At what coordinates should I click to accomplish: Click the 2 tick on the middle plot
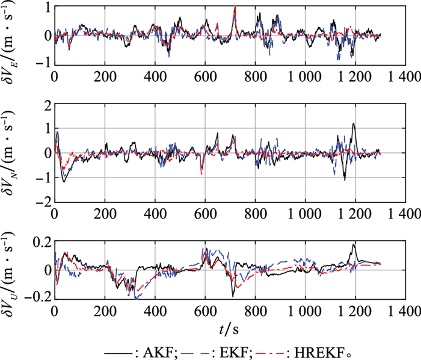pyautogui.click(x=46, y=107)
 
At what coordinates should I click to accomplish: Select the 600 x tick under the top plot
pyautogui.click(x=205, y=76)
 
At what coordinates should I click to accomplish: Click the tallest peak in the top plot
pyautogui.click(x=235, y=7)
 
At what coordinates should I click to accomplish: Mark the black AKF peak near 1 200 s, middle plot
pyautogui.click(x=354, y=124)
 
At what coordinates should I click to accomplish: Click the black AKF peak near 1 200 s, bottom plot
pyautogui.click(x=354, y=244)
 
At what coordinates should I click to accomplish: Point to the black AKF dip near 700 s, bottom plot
pyautogui.click(x=232, y=296)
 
